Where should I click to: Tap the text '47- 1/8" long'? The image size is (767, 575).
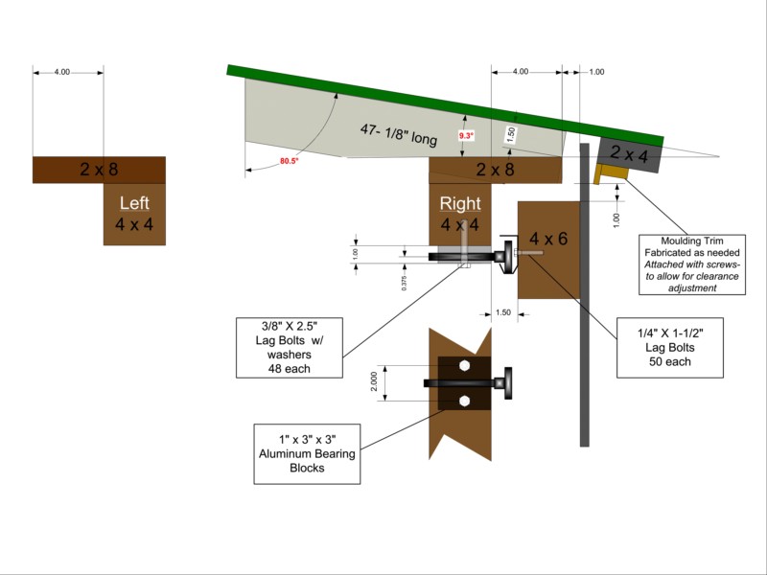pyautogui.click(x=399, y=134)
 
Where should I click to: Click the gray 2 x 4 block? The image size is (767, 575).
pyautogui.click(x=629, y=152)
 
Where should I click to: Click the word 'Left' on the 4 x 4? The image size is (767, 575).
pyautogui.click(x=134, y=203)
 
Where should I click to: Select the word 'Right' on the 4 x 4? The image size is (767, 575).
pyautogui.click(x=459, y=203)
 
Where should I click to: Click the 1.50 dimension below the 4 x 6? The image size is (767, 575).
pyautogui.click(x=502, y=312)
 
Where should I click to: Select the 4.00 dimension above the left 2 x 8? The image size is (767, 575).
pyautogui.click(x=62, y=73)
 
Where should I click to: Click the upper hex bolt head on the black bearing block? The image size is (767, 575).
pyautogui.click(x=464, y=366)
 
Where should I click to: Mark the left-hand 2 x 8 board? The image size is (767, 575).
pyautogui.click(x=99, y=170)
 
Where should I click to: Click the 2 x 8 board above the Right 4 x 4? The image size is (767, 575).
pyautogui.click(x=495, y=171)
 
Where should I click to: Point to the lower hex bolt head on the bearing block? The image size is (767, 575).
pyautogui.click(x=464, y=401)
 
